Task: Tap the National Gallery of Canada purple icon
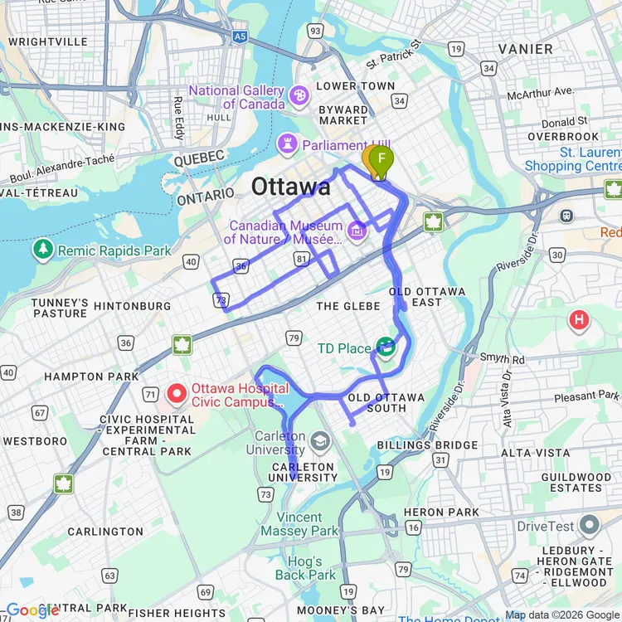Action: point(297,97)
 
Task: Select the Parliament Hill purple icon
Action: point(288,144)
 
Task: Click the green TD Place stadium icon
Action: point(386,347)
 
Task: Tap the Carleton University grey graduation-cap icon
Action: point(320,440)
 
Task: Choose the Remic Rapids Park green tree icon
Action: point(42,249)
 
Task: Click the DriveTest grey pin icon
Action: point(589,525)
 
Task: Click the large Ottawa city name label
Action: point(290,187)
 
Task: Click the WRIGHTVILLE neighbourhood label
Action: point(48,41)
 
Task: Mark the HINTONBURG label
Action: point(132,306)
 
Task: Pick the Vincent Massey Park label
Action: point(299,524)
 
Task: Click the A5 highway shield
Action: point(240,36)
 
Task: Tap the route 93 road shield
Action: point(314,31)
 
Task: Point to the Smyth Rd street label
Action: point(502,359)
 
